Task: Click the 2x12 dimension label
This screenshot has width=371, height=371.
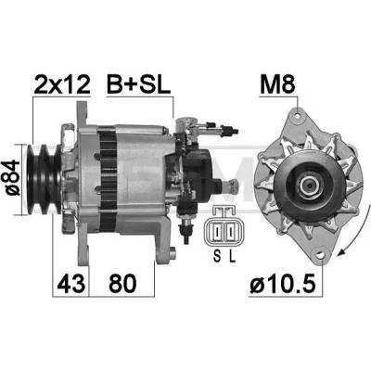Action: (62, 84)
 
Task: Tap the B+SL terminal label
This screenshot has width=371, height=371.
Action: (138, 84)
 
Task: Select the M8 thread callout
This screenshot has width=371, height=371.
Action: (277, 84)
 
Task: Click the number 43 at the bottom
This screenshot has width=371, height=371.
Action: (70, 283)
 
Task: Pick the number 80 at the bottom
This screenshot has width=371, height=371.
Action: (122, 283)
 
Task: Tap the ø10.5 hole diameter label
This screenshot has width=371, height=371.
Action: (283, 284)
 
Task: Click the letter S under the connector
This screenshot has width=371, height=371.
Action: (217, 256)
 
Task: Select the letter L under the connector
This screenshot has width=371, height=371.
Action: (232, 256)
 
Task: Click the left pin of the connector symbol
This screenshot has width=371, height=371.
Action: (218, 231)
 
